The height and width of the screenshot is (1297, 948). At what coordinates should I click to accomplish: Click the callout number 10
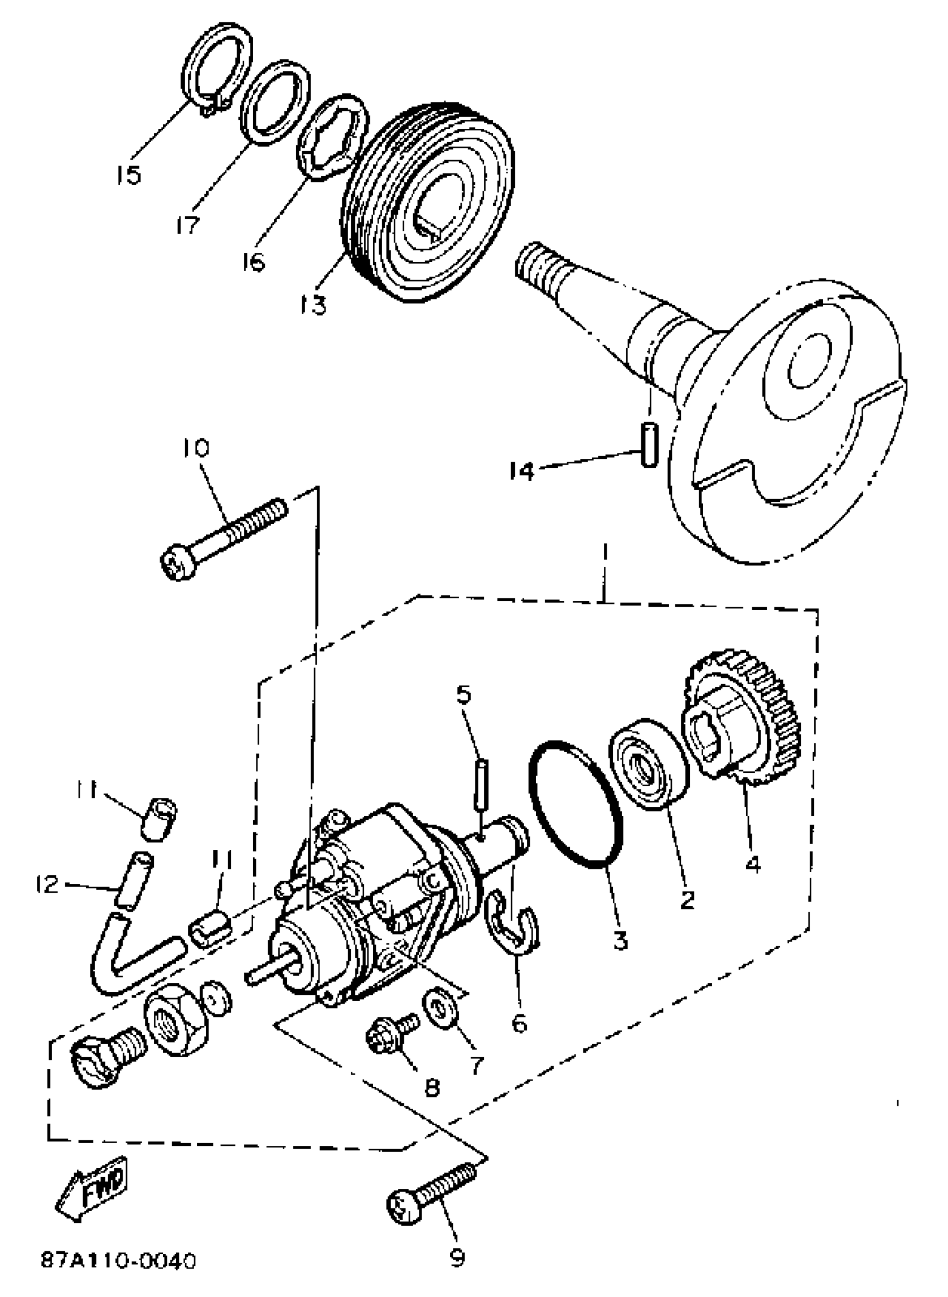[196, 447]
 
